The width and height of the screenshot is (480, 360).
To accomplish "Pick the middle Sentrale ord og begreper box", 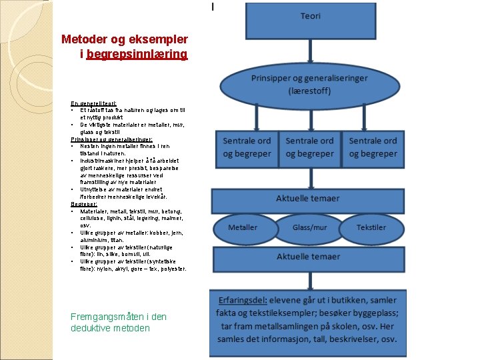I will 309,147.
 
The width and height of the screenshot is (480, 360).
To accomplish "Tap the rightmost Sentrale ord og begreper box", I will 372,147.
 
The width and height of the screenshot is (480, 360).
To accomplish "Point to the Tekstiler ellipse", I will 371,227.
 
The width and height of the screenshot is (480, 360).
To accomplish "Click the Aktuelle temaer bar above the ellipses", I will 308,199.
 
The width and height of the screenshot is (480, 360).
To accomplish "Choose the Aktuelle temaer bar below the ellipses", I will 308,256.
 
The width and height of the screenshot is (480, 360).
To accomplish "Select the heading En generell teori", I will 93,103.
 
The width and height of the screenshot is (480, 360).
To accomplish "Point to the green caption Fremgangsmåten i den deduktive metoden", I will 118,322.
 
